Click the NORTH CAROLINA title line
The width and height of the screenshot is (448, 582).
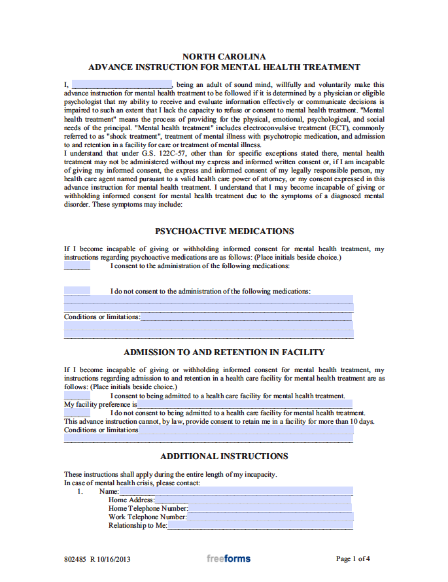click(224, 57)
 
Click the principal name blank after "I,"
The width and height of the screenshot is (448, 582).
click(122, 84)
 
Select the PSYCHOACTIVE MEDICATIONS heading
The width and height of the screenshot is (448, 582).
click(224, 231)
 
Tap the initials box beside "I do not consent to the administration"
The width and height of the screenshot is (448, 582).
click(77, 291)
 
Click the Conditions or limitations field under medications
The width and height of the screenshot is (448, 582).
click(246, 317)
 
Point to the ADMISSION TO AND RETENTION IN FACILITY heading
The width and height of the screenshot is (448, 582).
click(224, 352)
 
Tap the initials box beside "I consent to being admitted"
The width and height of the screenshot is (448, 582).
click(77, 396)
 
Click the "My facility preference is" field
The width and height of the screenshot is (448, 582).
click(245, 404)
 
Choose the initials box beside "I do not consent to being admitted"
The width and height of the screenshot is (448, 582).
click(77, 413)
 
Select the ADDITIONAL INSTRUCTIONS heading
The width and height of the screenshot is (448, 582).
click(224, 456)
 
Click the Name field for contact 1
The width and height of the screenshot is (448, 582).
click(235, 491)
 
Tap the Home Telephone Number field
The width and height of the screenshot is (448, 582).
click(270, 508)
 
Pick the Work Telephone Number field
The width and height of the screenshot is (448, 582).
click(269, 517)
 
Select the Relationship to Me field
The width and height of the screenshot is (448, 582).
click(260, 525)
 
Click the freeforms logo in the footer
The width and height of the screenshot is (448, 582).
click(228, 558)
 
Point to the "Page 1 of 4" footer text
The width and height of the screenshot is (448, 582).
click(353, 558)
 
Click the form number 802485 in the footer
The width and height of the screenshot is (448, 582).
click(75, 559)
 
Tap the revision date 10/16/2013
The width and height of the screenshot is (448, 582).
click(114, 559)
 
